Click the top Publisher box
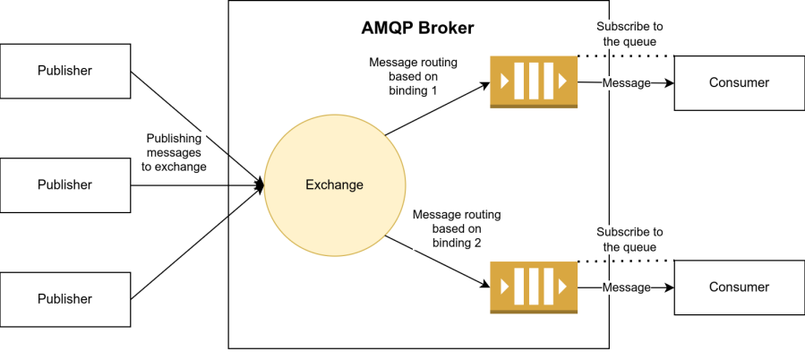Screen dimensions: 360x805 [x=65, y=71]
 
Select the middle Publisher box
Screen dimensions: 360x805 [x=65, y=184]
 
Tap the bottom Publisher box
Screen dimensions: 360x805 [x=65, y=298]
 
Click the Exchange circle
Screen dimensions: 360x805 [x=333, y=185]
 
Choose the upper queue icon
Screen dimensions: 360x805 [x=534, y=82]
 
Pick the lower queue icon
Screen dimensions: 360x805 [x=534, y=287]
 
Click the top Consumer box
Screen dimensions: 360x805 [x=739, y=82]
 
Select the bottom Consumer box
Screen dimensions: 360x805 [x=739, y=287]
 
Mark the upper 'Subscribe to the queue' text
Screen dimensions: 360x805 [x=629, y=33]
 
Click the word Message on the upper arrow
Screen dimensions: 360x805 [x=626, y=82]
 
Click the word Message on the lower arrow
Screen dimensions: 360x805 [x=626, y=287]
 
